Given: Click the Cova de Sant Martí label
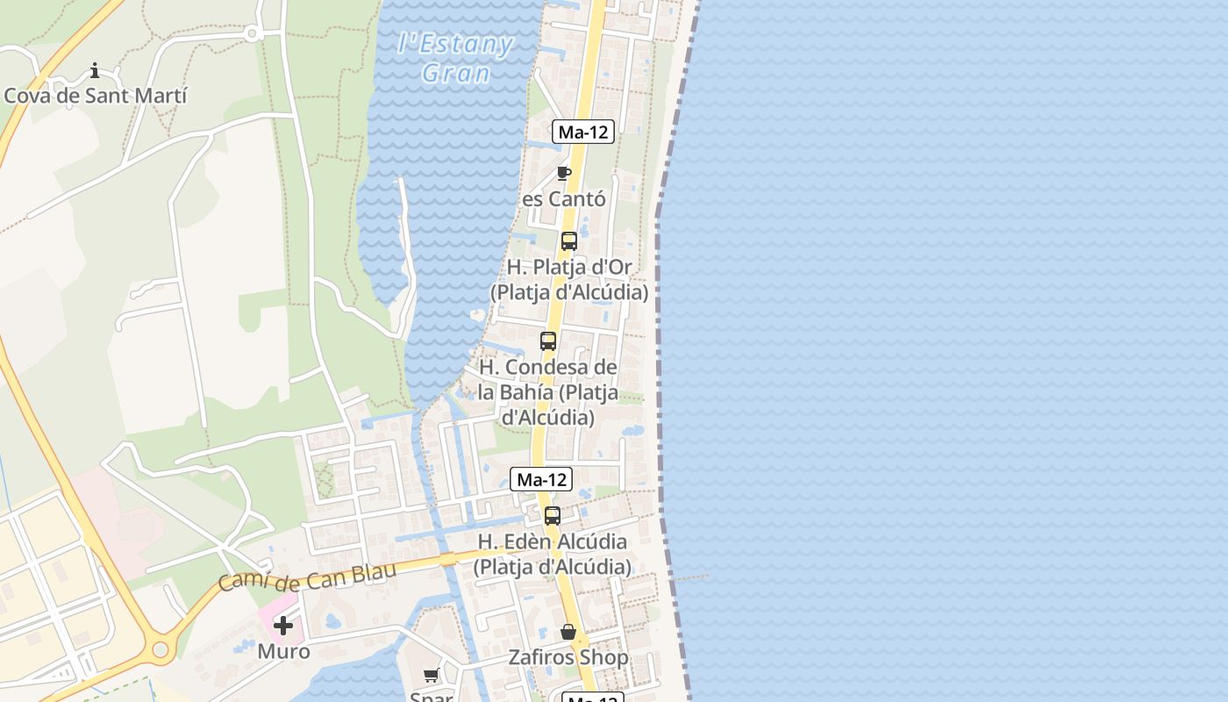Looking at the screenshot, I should tap(96, 96).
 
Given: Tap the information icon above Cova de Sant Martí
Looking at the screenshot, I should tap(95, 70).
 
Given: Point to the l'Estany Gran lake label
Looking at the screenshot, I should tap(454, 58).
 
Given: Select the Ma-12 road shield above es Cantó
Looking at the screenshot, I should tap(583, 133).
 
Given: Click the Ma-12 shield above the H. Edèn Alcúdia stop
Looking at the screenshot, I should tap(541, 479).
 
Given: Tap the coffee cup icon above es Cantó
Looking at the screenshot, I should tap(564, 173).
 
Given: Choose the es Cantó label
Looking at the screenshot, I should tap(564, 199).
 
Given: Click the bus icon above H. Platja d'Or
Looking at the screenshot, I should tap(569, 240).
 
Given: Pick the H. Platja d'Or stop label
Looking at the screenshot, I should tap(569, 279).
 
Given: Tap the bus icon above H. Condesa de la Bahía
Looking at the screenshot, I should tap(548, 341).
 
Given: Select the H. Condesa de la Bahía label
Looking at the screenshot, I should tap(548, 391).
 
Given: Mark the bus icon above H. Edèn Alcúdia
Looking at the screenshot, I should tap(553, 516).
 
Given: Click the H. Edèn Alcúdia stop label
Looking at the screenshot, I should tap(552, 554).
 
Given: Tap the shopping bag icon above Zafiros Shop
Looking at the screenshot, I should tap(568, 632).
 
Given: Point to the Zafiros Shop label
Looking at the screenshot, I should tap(568, 657).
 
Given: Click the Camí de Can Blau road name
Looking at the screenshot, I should tap(307, 577).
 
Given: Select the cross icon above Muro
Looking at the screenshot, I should tap(283, 626).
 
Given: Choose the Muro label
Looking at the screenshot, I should tap(283, 652).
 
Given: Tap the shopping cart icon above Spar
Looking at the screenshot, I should tap(431, 675).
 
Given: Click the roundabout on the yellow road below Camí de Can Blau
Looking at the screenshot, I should tap(160, 650).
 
